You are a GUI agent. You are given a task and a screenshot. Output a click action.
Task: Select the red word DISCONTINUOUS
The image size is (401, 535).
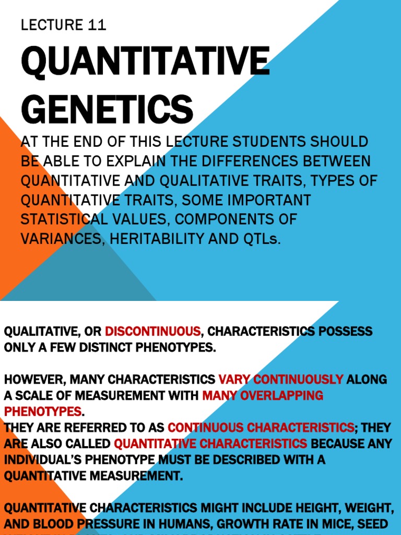click(153, 331)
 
